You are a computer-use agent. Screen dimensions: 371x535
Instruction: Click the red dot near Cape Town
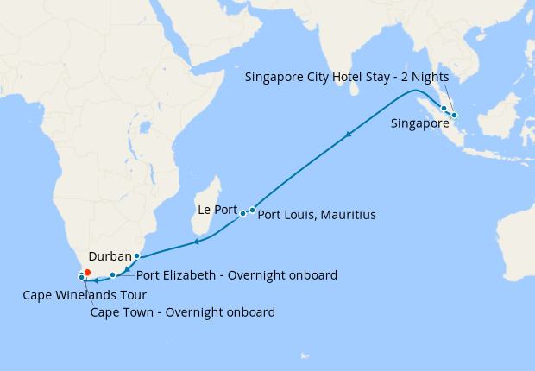(87, 273)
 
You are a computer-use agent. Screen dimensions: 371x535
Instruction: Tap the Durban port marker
(136, 256)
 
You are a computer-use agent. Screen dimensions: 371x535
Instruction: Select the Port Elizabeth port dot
(112, 275)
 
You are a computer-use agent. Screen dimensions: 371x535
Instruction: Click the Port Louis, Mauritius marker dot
(252, 210)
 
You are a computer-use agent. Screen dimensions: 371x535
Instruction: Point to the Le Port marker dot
(243, 213)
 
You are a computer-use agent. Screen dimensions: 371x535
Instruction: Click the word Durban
(109, 256)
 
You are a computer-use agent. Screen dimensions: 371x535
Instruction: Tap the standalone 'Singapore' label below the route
(420, 123)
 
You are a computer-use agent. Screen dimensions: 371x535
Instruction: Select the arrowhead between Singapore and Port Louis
(348, 134)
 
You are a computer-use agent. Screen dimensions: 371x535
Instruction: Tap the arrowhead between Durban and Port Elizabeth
(128, 270)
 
